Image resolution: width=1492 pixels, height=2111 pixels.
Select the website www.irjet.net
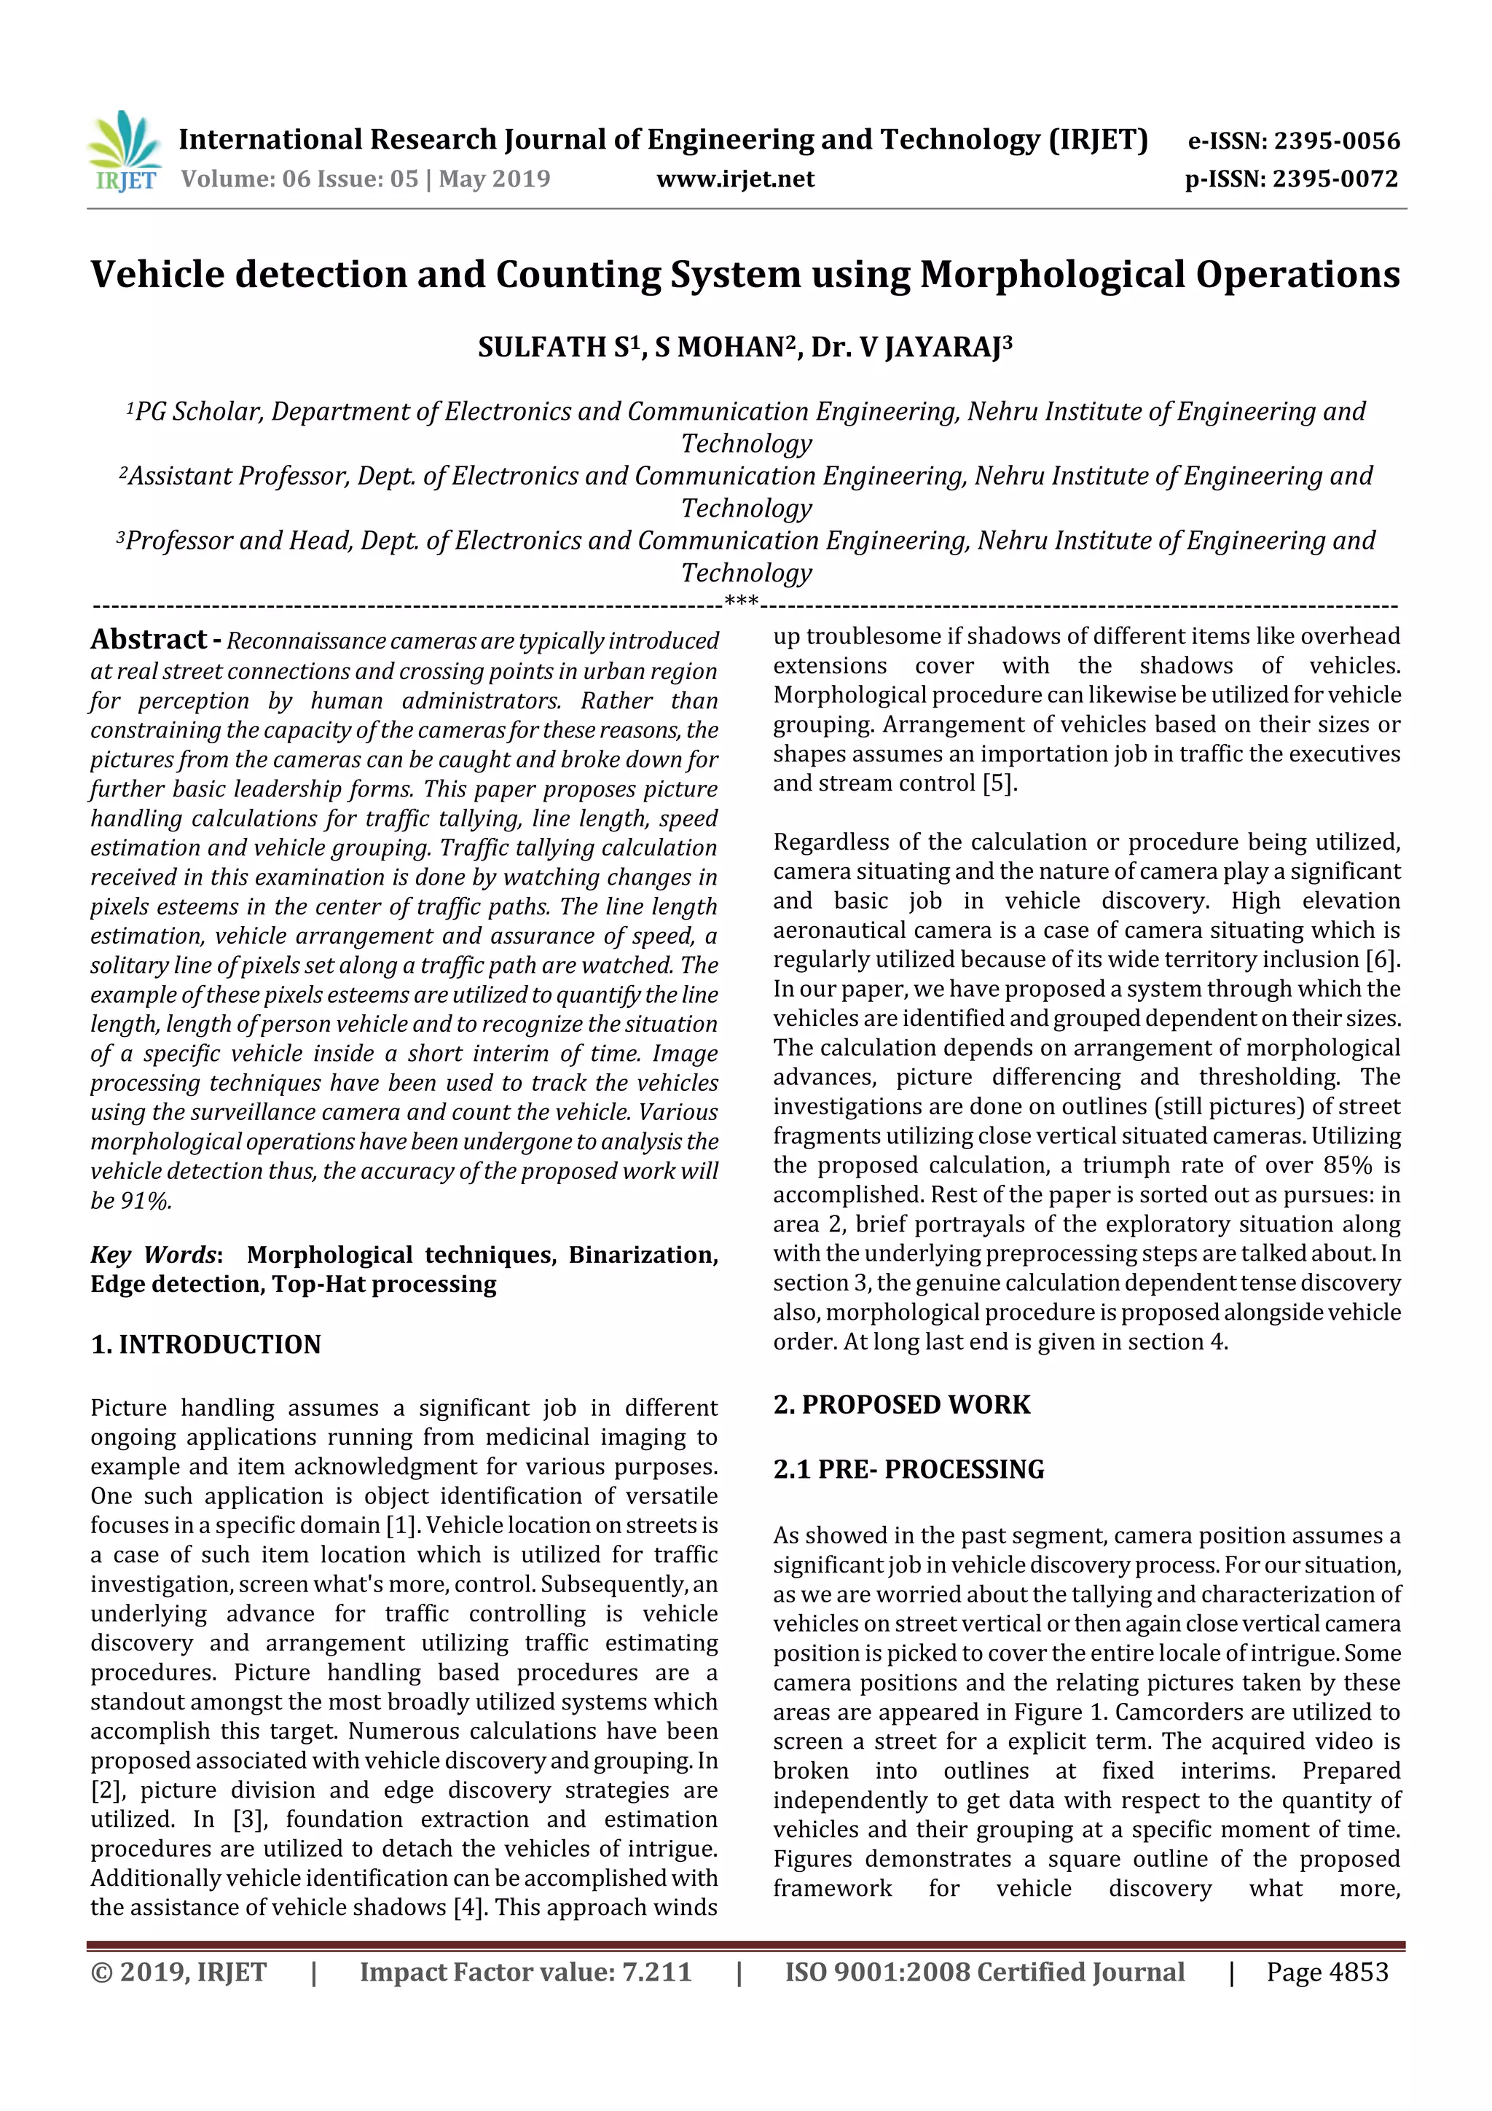click(735, 179)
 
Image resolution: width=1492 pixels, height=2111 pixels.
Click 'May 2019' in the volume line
click(495, 179)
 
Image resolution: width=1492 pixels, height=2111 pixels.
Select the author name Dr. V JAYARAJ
click(910, 348)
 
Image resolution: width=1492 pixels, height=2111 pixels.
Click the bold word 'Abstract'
click(149, 639)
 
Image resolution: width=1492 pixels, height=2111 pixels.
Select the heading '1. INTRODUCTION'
click(206, 1344)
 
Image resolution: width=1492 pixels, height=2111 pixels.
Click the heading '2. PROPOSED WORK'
click(902, 1405)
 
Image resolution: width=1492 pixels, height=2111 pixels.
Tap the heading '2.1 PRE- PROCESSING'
click(908, 1469)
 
